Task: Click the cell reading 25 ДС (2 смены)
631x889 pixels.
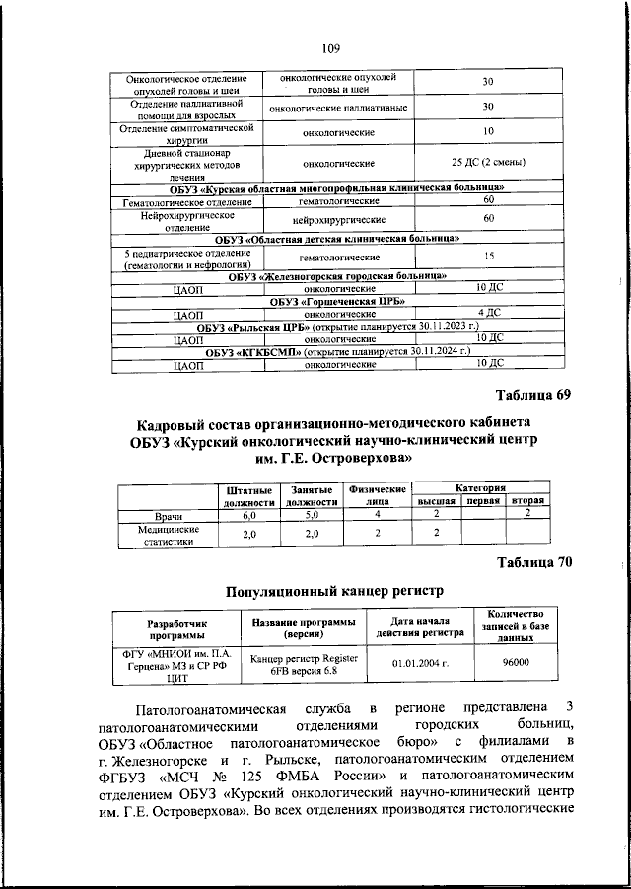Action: [487, 162]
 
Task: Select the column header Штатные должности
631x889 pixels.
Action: [248, 495]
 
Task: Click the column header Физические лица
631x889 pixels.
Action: [378, 495]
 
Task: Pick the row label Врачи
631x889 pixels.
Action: [171, 515]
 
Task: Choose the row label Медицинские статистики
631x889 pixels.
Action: [171, 534]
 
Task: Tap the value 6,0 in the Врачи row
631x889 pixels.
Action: [248, 515]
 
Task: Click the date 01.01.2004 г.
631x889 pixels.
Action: [419, 663]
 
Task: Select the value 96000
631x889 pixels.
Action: [516, 662]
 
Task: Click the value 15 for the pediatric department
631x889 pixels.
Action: [487, 257]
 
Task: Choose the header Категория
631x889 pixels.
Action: [480, 487]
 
